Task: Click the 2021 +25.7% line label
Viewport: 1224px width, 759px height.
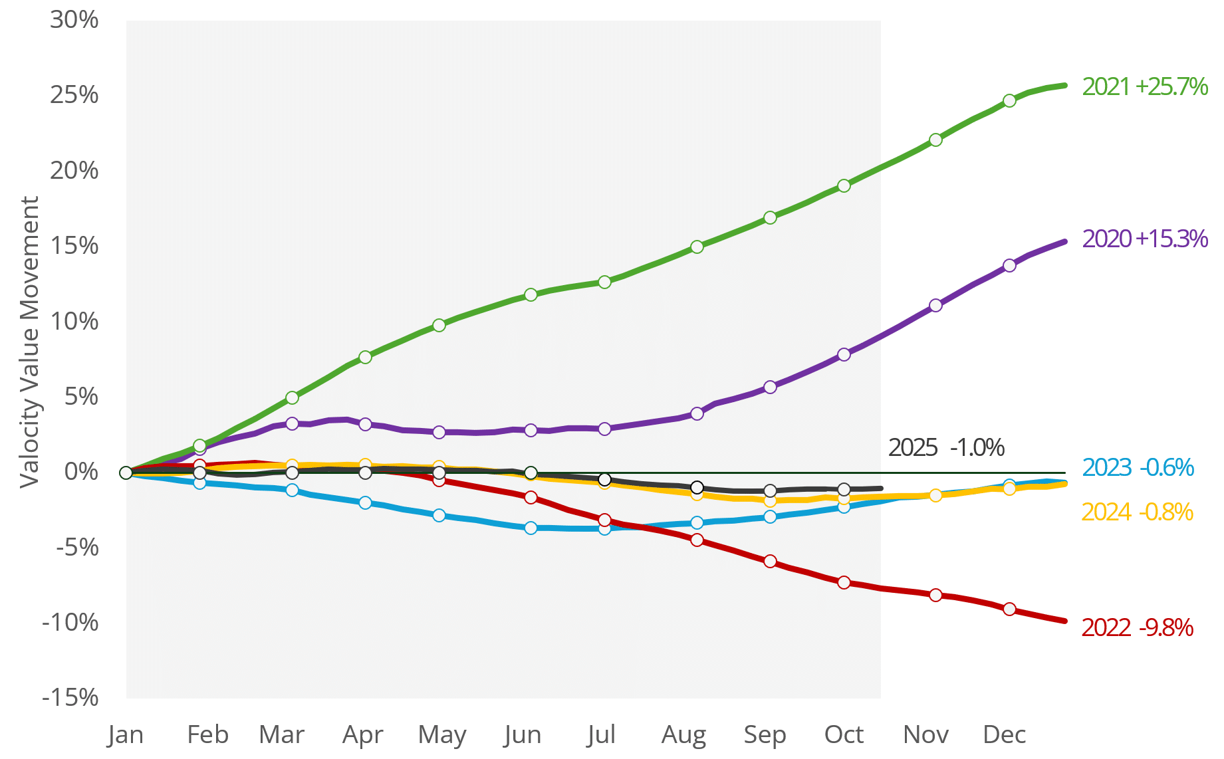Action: coord(1144,86)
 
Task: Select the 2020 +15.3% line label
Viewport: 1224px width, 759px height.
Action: coord(1144,239)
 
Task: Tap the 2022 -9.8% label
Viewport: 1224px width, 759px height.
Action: coord(1137,627)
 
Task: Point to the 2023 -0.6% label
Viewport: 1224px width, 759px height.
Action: coord(1138,468)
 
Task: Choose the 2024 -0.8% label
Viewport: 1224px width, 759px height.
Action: coord(1137,512)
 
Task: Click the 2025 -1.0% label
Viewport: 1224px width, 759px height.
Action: coord(946,447)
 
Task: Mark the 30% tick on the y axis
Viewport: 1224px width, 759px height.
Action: coord(74,20)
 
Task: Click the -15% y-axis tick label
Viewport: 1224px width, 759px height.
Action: coord(70,697)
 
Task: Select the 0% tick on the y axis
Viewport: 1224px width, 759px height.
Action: coord(81,472)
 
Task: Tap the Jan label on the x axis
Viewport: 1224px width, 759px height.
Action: coord(126,734)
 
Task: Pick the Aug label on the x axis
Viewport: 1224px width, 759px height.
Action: coord(683,734)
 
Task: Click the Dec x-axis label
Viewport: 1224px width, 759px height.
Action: coord(1004,734)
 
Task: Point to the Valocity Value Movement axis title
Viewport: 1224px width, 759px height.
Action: coord(29,342)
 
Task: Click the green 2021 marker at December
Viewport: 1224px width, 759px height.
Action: coord(1009,100)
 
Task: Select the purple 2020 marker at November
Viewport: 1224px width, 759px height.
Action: coord(935,305)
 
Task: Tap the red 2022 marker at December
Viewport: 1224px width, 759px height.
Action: coord(1009,609)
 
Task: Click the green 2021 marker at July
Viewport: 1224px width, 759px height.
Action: coord(604,282)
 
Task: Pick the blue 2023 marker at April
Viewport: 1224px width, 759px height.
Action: coord(365,502)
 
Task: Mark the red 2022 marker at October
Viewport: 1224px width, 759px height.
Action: coord(844,582)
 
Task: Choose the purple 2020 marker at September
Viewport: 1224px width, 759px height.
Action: coord(770,387)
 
